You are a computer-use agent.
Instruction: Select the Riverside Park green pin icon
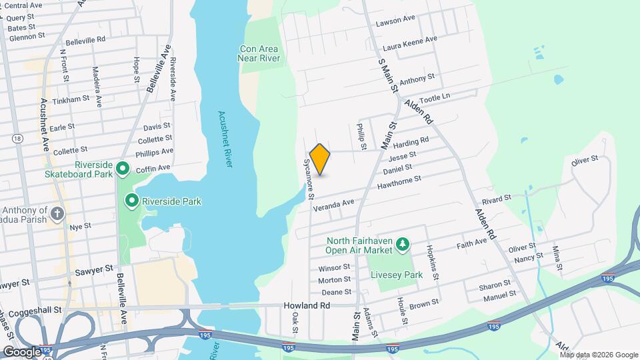coord(132,200)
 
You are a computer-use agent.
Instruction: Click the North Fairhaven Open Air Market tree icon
coord(402,245)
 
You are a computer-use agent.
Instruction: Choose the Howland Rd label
coord(311,305)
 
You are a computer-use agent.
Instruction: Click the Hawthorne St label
coord(399,179)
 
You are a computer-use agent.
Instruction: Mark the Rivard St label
coord(496,198)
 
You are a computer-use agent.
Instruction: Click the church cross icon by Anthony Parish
coord(58,214)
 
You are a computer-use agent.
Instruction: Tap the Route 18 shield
coord(17,138)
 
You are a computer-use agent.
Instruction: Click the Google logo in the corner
coord(22,351)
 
